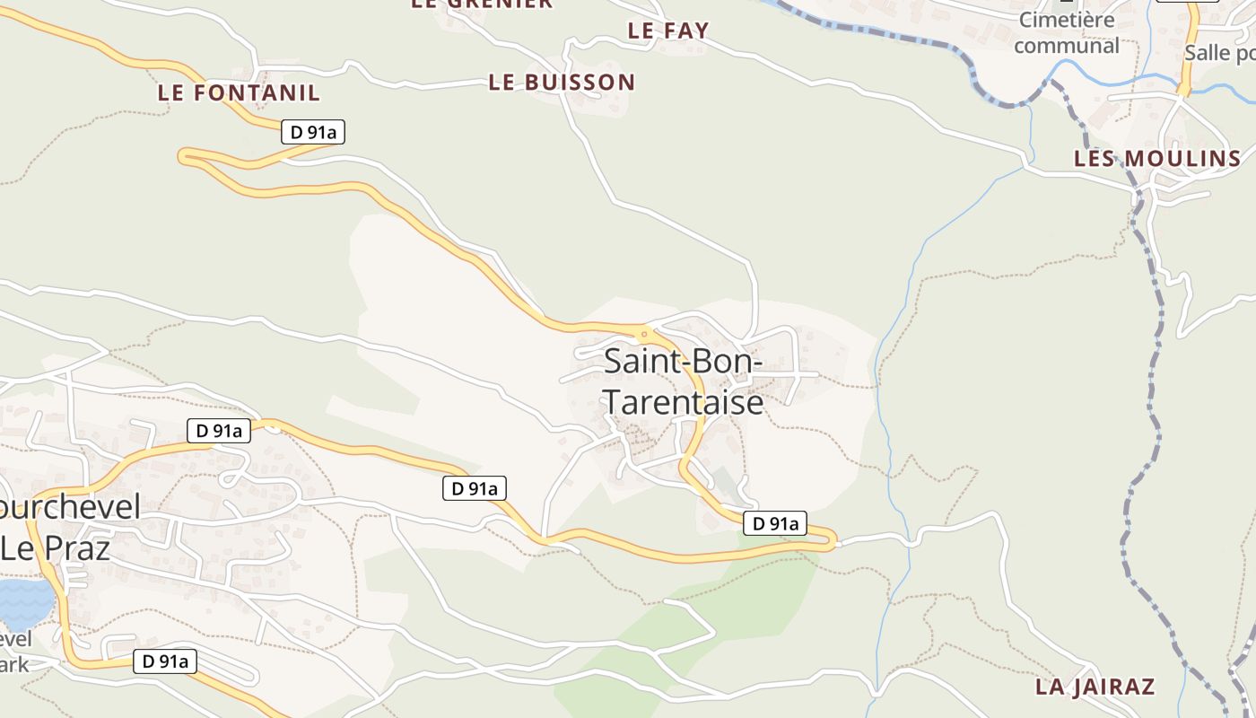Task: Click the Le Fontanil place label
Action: coord(239,92)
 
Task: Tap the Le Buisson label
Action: coord(562,83)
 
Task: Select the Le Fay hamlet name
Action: coord(668,31)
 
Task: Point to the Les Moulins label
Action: coord(1157,159)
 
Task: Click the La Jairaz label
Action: coord(1095,687)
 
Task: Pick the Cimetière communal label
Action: coord(1067,32)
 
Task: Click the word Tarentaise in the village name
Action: coord(683,402)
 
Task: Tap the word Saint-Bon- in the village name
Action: coord(683,361)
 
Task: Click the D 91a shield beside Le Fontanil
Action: coord(313,132)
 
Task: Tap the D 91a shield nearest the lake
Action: coord(165,662)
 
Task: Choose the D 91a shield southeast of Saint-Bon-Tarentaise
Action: coord(775,523)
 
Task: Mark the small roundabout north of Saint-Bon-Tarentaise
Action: coord(643,334)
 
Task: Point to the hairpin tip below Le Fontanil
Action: coord(184,156)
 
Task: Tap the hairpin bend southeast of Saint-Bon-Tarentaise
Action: coord(833,541)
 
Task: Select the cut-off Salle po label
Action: coord(1219,52)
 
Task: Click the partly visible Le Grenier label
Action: coord(482,4)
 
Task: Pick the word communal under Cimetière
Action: coord(1067,45)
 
